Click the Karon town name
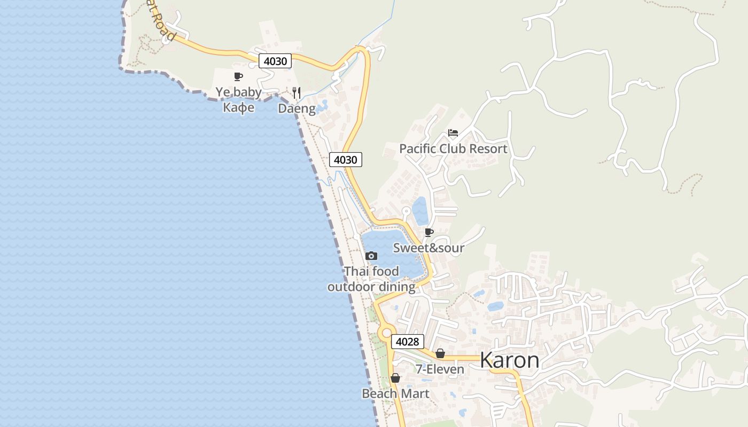coord(509,360)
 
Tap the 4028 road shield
coord(408,342)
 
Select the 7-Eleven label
coord(440,369)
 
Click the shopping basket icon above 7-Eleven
coord(440,353)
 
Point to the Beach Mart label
coord(395,394)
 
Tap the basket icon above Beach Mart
coord(395,378)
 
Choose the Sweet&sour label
coord(428,248)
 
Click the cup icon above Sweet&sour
coord(428,232)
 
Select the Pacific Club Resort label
coord(453,148)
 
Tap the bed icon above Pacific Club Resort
coord(453,133)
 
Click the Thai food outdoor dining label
coord(371,279)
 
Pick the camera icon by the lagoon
coord(371,256)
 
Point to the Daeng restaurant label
coord(297,108)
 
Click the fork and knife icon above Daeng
coord(297,93)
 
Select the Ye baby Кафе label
coord(238,99)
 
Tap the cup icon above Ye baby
coord(238,77)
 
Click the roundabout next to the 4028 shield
coord(386,333)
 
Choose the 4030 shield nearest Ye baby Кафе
coord(276,61)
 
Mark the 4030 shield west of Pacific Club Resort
coord(346,159)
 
